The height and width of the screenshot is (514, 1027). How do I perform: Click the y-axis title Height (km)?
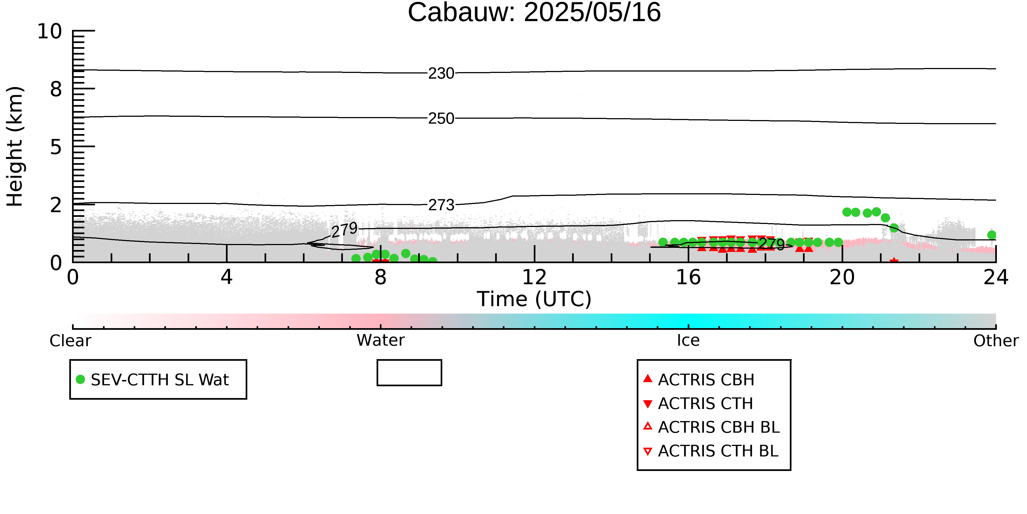click(15, 146)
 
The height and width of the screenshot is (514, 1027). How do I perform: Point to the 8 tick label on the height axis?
click(56, 89)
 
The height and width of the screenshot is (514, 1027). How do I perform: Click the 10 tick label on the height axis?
click(50, 31)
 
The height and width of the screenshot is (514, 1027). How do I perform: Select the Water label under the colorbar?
click(380, 340)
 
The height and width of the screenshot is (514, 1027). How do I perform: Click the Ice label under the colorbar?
click(688, 340)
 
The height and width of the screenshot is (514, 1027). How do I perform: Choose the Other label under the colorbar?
click(996, 341)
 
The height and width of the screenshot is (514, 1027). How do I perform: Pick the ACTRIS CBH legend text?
click(706, 379)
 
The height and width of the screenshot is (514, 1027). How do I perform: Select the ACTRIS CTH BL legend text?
click(718, 451)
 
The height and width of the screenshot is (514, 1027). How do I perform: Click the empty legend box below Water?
click(409, 373)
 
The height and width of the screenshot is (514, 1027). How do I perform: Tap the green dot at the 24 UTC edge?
click(992, 235)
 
